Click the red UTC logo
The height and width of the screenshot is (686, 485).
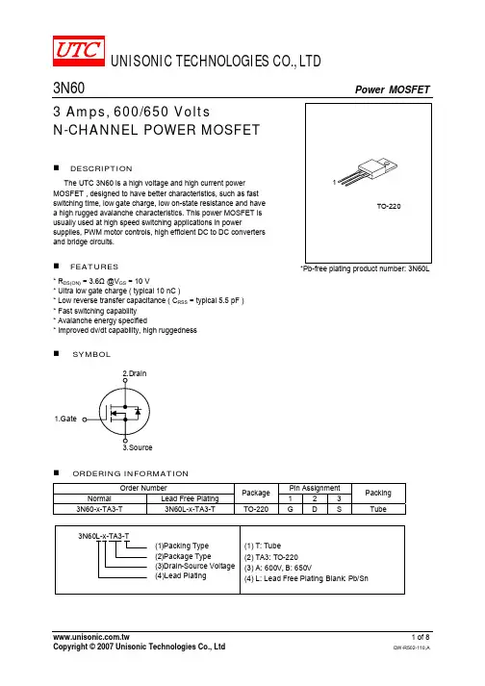[79, 51]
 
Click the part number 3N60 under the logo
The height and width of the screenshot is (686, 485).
[68, 88]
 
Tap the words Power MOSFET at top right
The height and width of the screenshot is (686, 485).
[393, 89]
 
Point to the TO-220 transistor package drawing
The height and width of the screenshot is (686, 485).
[369, 172]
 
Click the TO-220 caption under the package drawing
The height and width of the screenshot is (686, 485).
[389, 207]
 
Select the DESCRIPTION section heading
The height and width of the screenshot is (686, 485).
[101, 169]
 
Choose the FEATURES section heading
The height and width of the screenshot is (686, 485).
[94, 267]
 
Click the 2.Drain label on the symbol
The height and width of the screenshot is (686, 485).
[135, 373]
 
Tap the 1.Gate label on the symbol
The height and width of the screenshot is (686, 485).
[65, 419]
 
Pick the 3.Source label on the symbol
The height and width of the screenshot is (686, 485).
[138, 447]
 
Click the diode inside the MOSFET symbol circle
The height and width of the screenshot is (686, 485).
[138, 411]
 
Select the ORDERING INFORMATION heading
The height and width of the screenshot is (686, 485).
[131, 473]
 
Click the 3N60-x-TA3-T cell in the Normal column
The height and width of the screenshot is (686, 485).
[99, 509]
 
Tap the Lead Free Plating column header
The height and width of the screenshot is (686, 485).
[190, 498]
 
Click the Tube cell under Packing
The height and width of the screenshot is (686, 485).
[378, 509]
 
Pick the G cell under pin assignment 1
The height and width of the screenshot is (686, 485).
[291, 509]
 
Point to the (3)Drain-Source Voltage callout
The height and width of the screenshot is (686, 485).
[194, 566]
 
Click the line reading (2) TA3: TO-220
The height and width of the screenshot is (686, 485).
[271, 557]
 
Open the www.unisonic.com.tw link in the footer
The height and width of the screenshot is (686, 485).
[91, 637]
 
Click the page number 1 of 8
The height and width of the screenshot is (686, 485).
[421, 637]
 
